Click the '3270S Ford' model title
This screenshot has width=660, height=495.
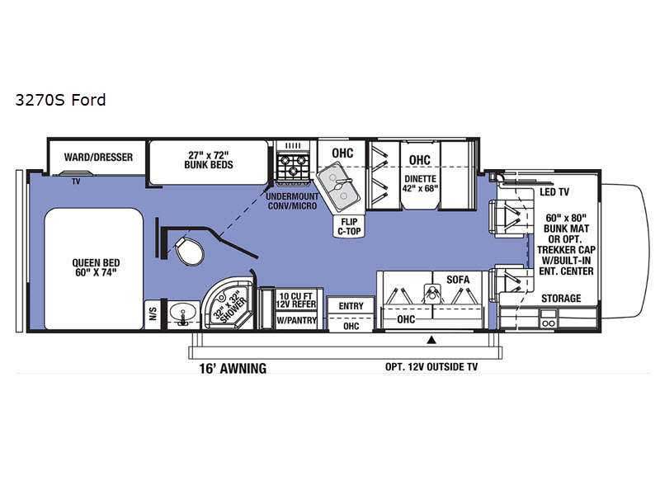pos(60,100)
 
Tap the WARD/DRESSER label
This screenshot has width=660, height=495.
pos(98,157)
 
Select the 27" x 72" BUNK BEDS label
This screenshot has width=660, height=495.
pos(209,160)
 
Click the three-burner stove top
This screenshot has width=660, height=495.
pos(293,166)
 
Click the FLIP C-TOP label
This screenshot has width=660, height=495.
pos(349,226)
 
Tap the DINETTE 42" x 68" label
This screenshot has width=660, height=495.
pos(420,183)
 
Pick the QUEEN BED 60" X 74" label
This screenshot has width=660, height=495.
pos(96,267)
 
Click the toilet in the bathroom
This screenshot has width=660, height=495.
pos(189,251)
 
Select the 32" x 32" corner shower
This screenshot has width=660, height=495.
pos(229,304)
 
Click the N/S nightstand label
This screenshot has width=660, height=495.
pos(153,313)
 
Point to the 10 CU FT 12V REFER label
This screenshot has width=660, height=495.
pos(296,300)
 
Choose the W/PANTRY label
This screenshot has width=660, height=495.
pos(296,320)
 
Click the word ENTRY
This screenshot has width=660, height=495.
pos(351,306)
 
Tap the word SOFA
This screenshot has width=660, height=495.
pos(458,280)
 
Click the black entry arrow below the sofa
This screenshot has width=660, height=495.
pos(431,340)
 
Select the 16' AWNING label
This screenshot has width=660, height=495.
pos(233,368)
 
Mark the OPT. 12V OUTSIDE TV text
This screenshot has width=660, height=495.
pos(431,367)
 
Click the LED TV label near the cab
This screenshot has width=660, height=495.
pos(554,192)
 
